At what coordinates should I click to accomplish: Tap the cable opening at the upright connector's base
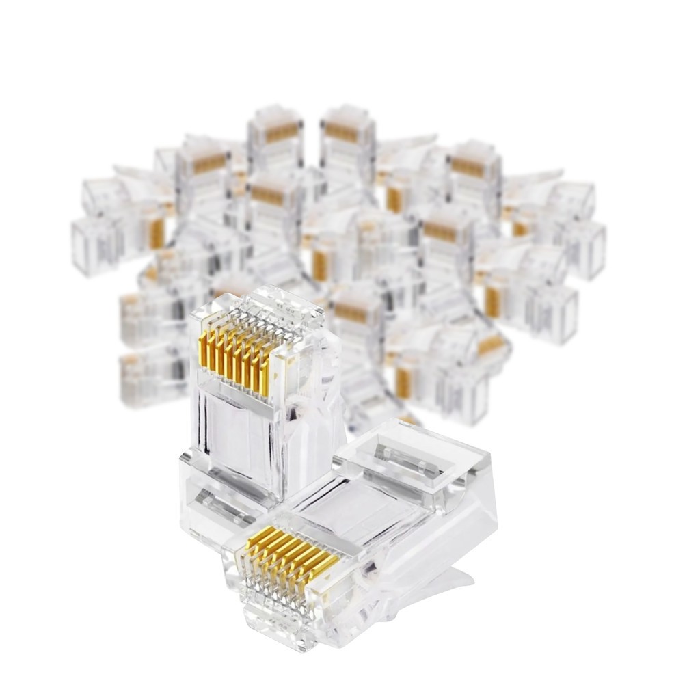point(215,506)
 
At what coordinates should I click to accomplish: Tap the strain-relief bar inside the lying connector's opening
point(403,455)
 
